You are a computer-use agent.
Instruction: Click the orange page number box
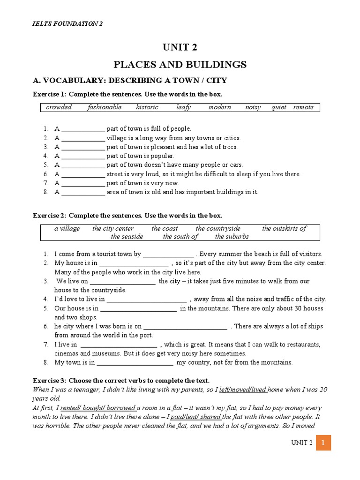(x=323, y=442)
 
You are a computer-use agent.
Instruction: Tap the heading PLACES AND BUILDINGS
(x=180, y=64)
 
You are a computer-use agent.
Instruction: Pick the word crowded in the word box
(x=59, y=107)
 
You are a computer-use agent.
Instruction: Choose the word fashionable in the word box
(x=104, y=107)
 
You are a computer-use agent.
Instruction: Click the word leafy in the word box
(x=183, y=107)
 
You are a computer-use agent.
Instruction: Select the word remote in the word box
(x=303, y=107)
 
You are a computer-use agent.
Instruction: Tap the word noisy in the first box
(x=253, y=107)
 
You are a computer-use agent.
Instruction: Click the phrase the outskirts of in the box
(x=284, y=229)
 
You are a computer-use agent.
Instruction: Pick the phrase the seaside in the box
(x=127, y=237)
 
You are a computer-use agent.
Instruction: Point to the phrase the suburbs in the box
(x=232, y=237)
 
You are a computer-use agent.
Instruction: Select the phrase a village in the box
(x=67, y=229)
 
